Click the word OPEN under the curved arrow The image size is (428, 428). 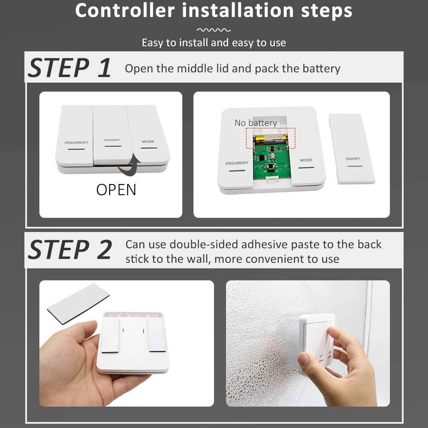click(x=116, y=190)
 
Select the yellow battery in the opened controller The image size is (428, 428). click(x=270, y=140)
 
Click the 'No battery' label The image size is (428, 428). click(x=256, y=123)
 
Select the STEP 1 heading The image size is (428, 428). click(x=69, y=68)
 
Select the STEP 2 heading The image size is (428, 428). click(x=69, y=250)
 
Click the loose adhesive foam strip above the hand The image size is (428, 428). click(x=78, y=303)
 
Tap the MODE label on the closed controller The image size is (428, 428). click(x=148, y=142)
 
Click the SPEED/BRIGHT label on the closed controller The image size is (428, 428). click(x=76, y=143)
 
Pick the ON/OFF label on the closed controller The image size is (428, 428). click(x=112, y=140)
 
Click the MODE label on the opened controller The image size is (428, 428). click(x=306, y=160)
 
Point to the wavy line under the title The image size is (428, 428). click(x=214, y=30)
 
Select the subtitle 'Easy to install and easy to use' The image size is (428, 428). click(x=214, y=43)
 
